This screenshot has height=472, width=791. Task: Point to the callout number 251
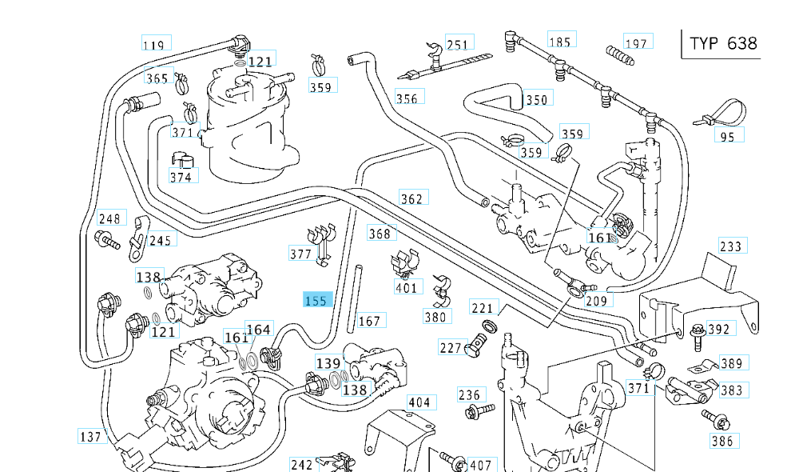(458, 44)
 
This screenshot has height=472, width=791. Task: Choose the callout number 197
(637, 42)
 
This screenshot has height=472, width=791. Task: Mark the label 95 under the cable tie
(727, 136)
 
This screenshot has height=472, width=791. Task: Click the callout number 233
(731, 246)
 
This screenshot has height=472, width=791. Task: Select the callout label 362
(412, 198)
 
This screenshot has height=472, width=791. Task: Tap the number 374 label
(181, 177)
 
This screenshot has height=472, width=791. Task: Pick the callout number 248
(109, 218)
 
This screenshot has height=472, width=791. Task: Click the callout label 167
(369, 321)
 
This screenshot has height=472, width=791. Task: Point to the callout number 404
(419, 402)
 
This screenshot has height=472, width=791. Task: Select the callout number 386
(721, 440)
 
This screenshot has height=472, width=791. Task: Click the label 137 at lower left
(91, 437)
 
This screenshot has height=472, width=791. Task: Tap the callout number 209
(597, 301)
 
